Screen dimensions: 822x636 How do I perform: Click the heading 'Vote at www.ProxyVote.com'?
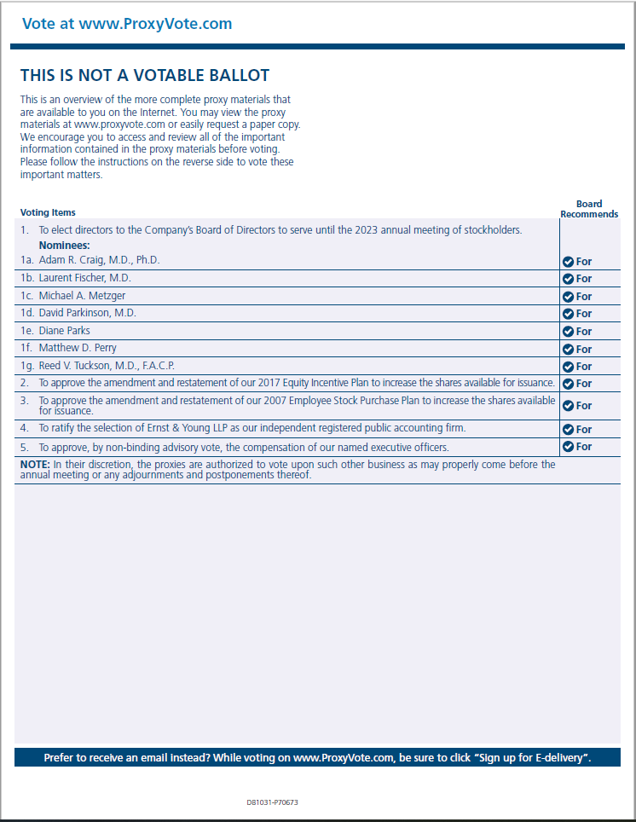click(127, 24)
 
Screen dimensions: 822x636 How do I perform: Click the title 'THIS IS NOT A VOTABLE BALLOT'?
click(145, 76)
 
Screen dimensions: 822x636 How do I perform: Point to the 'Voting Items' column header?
click(48, 212)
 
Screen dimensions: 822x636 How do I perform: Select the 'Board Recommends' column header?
click(589, 209)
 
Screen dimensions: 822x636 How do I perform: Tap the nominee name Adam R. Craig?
click(99, 260)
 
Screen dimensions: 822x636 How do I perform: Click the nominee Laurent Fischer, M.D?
click(84, 278)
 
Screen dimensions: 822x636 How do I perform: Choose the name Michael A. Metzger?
click(82, 296)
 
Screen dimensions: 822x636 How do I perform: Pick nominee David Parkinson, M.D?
click(87, 313)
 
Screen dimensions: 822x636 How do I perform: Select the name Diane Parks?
click(64, 331)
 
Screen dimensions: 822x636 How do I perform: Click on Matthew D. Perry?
click(78, 348)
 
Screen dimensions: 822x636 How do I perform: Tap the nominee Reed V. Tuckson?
click(107, 366)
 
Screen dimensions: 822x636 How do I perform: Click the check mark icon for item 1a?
click(568, 262)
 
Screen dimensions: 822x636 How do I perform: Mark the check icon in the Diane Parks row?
click(568, 332)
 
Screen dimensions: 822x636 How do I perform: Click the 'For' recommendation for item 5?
click(584, 447)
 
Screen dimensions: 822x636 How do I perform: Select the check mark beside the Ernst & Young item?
click(568, 430)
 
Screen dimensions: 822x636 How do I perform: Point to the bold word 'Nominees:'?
click(64, 246)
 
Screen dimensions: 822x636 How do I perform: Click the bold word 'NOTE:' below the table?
click(35, 465)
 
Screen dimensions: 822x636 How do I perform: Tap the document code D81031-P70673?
click(272, 802)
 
